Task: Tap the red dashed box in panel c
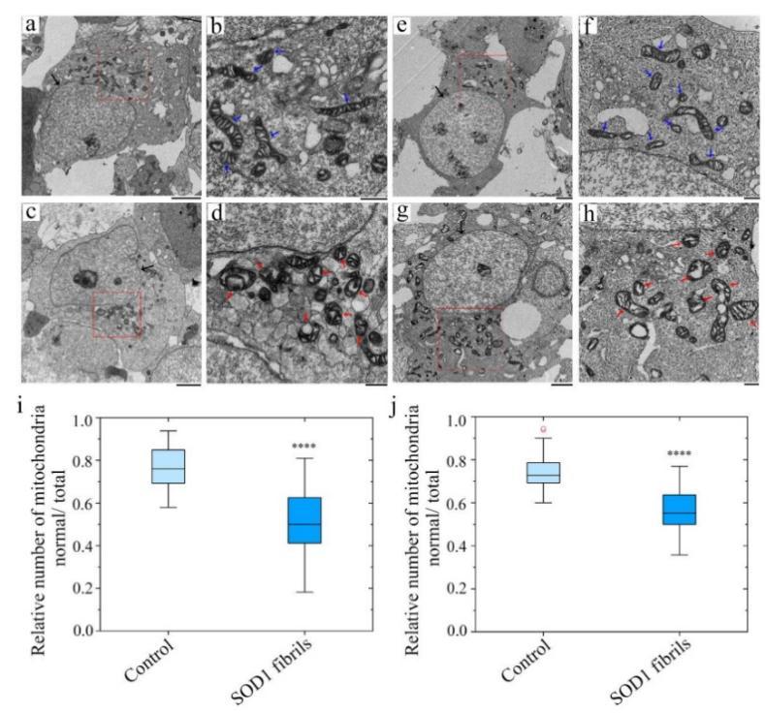tap(116, 315)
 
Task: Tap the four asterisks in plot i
tap(305, 447)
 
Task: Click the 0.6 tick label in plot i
tap(89, 505)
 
